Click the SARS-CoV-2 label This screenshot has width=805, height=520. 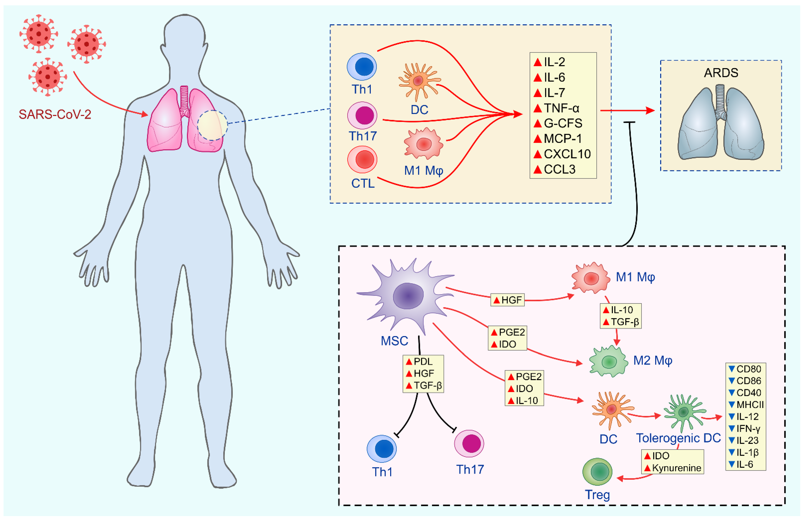[55, 114]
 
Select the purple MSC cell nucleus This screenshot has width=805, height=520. [408, 296]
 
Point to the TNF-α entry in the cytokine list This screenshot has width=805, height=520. [561, 108]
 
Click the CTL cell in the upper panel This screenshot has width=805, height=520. [362, 159]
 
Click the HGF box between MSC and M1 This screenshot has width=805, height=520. [507, 300]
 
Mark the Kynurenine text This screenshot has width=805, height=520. [676, 468]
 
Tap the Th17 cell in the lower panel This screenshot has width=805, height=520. [469, 443]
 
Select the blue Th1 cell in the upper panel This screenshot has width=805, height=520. [362, 66]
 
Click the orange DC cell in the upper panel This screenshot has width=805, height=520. [418, 81]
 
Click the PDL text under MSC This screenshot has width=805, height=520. [423, 362]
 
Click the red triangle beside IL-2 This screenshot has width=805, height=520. [538, 62]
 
